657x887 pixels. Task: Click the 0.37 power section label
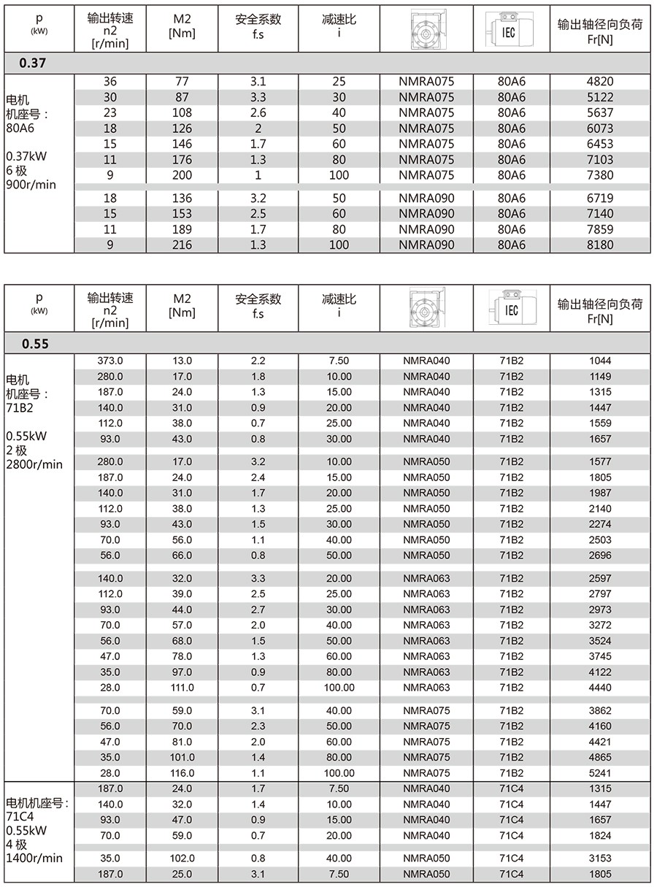[x=33, y=64]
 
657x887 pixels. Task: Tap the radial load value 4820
[x=600, y=81]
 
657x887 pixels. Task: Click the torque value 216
[x=181, y=245]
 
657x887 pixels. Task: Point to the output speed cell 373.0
[x=110, y=361]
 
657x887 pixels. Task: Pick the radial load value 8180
[x=600, y=245]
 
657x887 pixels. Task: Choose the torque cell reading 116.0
[x=182, y=773]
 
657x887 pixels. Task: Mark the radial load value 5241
[x=600, y=773]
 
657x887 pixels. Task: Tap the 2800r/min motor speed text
[x=34, y=464]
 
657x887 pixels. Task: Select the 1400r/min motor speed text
[x=34, y=859]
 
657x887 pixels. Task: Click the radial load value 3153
[x=600, y=859]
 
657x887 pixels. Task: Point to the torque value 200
[x=181, y=175]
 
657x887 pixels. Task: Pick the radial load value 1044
[x=600, y=361]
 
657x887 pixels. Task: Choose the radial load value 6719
[x=600, y=199]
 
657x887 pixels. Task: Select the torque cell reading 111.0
[x=182, y=688]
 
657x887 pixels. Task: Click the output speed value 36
[x=110, y=81]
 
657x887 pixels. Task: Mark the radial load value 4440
[x=600, y=688]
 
